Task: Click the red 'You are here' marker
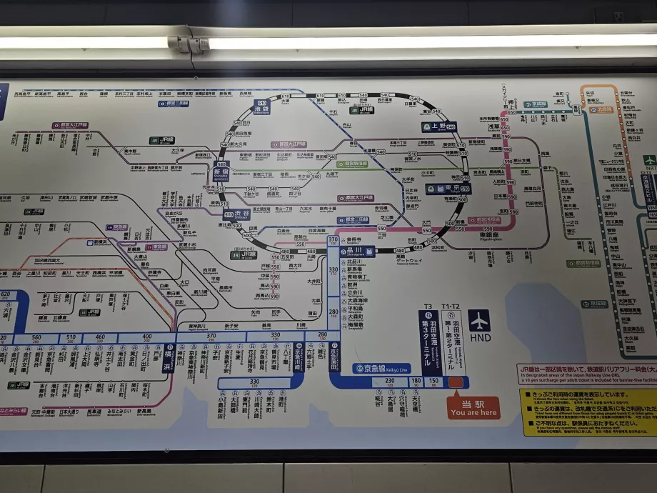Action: click(x=473, y=407)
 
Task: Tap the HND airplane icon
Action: click(x=480, y=320)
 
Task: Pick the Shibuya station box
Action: click(x=240, y=214)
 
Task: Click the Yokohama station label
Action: click(x=169, y=354)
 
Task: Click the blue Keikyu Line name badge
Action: click(x=382, y=369)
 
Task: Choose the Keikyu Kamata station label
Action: click(x=333, y=352)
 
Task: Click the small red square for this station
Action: click(x=456, y=382)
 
